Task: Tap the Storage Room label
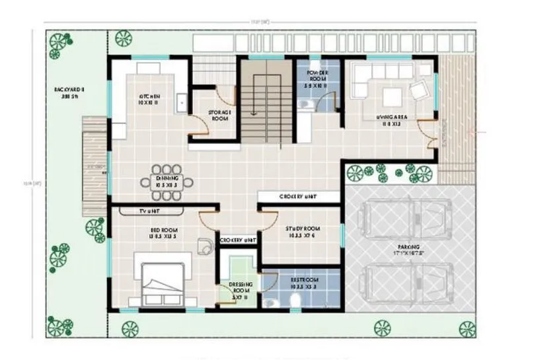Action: point(218,115)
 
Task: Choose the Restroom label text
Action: point(304,283)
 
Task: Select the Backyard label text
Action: point(70,91)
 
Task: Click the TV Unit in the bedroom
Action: point(151,211)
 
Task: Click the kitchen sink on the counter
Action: point(180,100)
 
